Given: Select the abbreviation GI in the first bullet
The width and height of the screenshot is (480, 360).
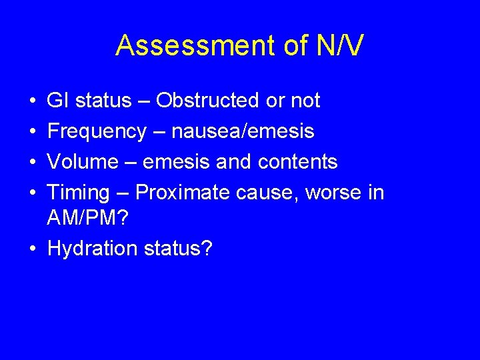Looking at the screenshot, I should [57, 101].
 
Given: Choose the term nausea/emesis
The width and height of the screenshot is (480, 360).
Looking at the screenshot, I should [243, 131].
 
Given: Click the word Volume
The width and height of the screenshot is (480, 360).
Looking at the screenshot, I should [82, 162].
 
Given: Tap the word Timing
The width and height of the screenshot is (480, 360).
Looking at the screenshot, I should [79, 193].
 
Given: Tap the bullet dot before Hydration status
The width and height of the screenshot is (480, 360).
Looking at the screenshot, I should [33, 249].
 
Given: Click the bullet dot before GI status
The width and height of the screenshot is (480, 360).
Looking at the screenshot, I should [33, 101].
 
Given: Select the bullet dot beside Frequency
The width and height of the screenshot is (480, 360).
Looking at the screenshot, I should [33, 131].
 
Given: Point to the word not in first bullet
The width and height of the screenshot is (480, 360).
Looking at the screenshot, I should [305, 101].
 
